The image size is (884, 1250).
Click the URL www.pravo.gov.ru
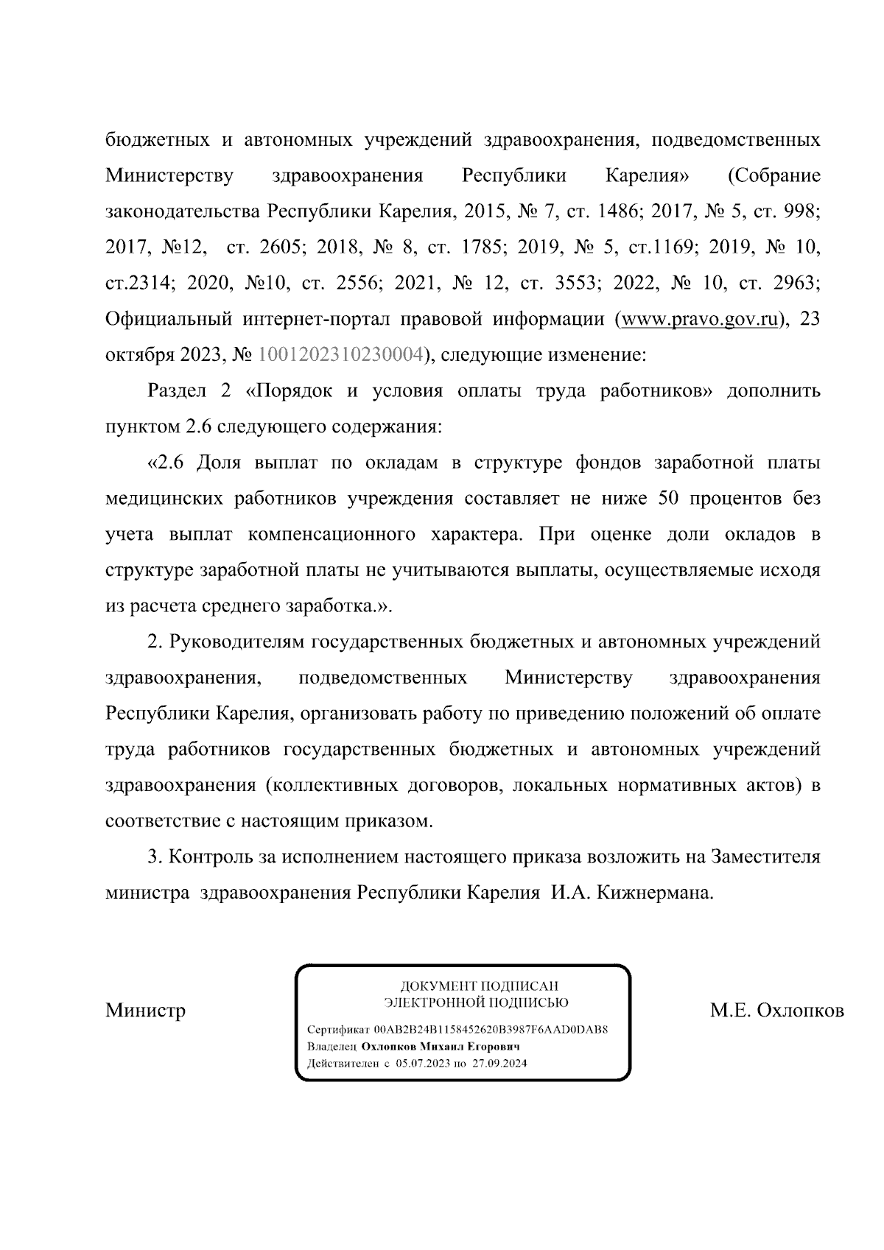click(x=700, y=320)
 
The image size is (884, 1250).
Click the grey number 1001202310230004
click(x=340, y=356)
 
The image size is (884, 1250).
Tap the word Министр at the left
click(x=145, y=1010)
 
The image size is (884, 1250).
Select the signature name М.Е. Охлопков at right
click(x=776, y=1010)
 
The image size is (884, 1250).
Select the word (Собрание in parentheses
click(x=773, y=176)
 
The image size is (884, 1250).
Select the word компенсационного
click(x=332, y=534)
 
